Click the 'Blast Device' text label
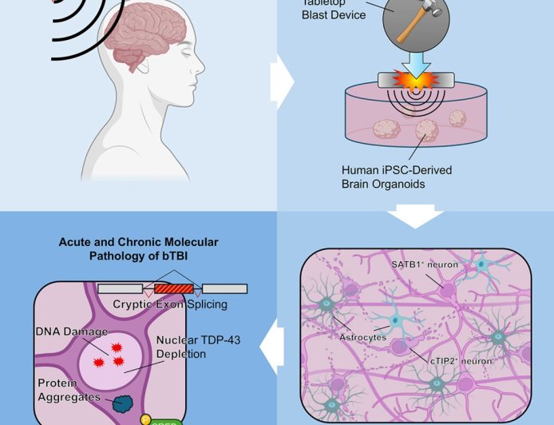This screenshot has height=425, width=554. [334, 14]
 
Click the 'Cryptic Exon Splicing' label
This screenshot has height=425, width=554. [169, 304]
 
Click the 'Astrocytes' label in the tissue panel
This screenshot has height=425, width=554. [364, 338]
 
